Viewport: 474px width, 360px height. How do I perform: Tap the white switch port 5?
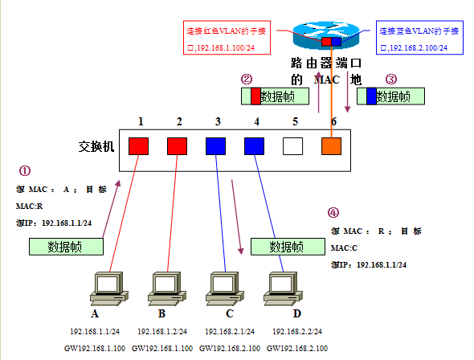[x=293, y=146]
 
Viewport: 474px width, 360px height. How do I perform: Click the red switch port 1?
[x=140, y=146]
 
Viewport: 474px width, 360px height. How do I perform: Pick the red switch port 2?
[x=178, y=146]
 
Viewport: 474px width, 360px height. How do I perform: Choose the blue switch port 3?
[x=216, y=146]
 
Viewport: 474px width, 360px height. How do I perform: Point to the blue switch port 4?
[x=255, y=146]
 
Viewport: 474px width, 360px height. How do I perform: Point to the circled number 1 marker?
[x=25, y=171]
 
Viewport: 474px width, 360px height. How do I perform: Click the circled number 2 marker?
[x=247, y=80]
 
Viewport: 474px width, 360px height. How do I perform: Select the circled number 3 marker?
[x=391, y=80]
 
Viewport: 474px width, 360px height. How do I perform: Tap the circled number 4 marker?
[x=333, y=213]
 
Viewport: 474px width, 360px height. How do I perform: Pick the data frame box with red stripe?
[x=272, y=96]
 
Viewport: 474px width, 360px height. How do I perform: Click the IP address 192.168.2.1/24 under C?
[x=229, y=331]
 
